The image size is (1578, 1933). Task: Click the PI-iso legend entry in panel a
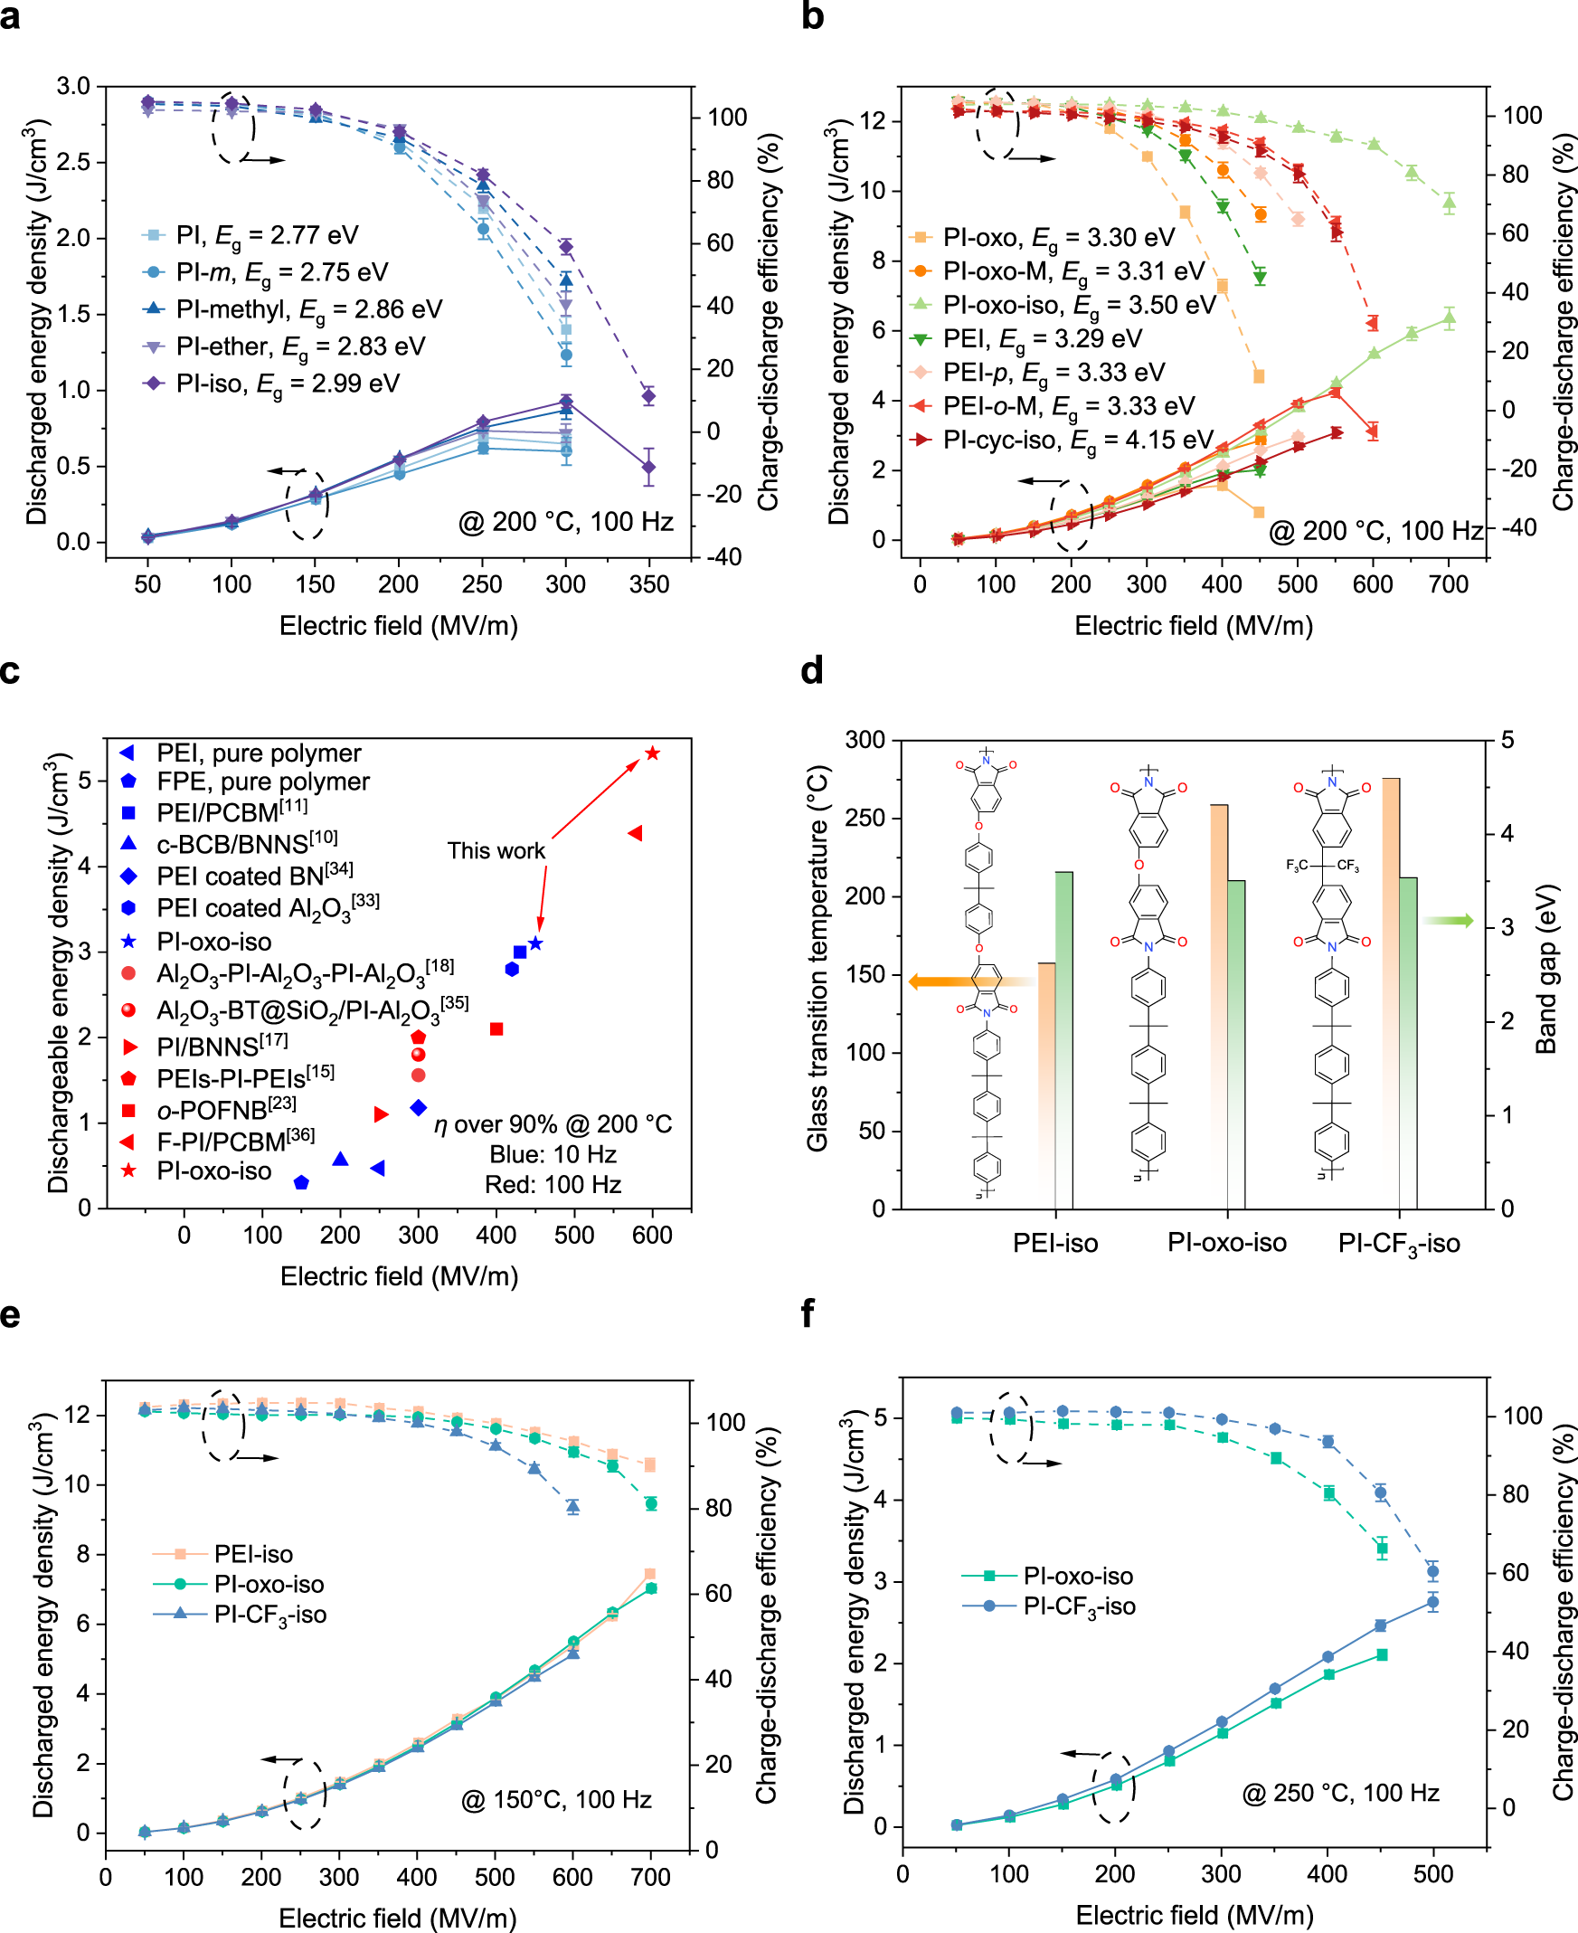click(273, 384)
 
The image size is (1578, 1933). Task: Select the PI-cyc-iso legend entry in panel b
click(1063, 441)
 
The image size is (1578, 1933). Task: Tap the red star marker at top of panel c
click(652, 753)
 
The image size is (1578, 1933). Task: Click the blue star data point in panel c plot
click(535, 943)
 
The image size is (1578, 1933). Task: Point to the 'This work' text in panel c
click(496, 850)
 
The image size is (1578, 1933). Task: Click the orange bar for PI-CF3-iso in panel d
click(1391, 991)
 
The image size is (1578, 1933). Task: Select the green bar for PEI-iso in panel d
click(1063, 1037)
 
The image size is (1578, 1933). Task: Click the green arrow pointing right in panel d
click(1448, 921)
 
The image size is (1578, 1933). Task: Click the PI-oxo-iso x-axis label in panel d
click(1227, 1243)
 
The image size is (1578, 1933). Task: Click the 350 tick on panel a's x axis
click(649, 583)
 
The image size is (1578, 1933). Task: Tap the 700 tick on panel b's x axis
click(1448, 583)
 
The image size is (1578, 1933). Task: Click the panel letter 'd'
click(812, 671)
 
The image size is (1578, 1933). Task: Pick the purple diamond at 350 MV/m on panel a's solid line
click(648, 468)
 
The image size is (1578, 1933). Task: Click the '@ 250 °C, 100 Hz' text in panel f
click(1341, 1792)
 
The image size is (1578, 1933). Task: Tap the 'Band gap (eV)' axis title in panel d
click(1546, 969)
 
